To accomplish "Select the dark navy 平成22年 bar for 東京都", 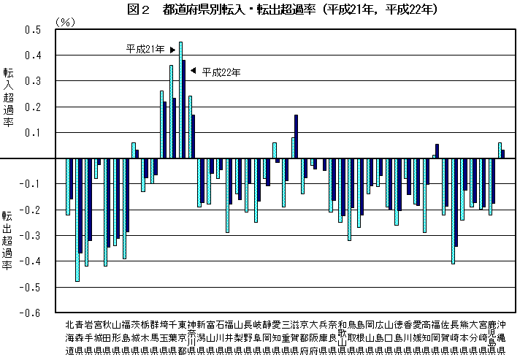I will coord(184,110).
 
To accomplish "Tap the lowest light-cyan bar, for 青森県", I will coord(77,219).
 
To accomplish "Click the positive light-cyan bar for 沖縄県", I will coord(500,150).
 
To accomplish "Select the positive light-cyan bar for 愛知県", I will coord(274,150).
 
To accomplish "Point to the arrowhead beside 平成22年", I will coord(193,71).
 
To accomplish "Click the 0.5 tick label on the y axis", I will coord(33,30).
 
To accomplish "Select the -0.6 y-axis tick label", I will coord(31,313).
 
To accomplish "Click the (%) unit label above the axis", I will coord(66,22).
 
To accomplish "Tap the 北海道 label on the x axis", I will coord(69,337).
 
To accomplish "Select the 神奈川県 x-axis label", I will coord(191,337).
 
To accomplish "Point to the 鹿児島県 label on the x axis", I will coord(491,337).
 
